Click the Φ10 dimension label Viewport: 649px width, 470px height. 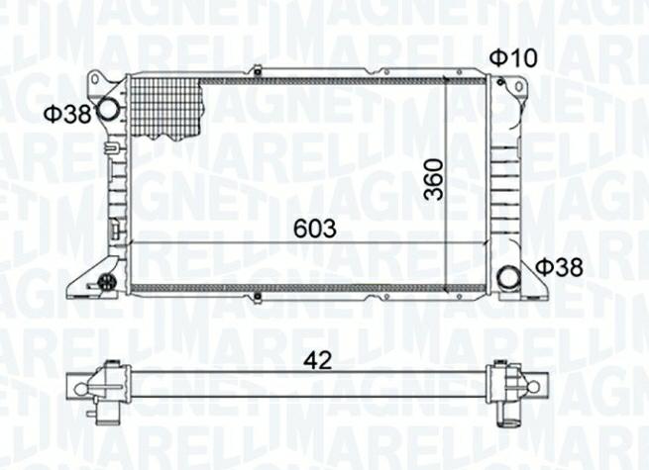(x=513, y=58)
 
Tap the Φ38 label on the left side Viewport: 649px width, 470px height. (x=68, y=114)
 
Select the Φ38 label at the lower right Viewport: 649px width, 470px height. (x=559, y=267)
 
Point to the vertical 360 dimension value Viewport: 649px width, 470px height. (x=433, y=179)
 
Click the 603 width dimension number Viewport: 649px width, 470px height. (x=315, y=229)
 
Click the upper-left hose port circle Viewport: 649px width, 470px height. (x=108, y=110)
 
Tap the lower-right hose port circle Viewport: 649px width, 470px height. (x=508, y=278)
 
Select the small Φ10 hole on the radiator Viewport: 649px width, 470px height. (x=500, y=82)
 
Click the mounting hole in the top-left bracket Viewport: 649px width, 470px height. (x=96, y=79)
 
